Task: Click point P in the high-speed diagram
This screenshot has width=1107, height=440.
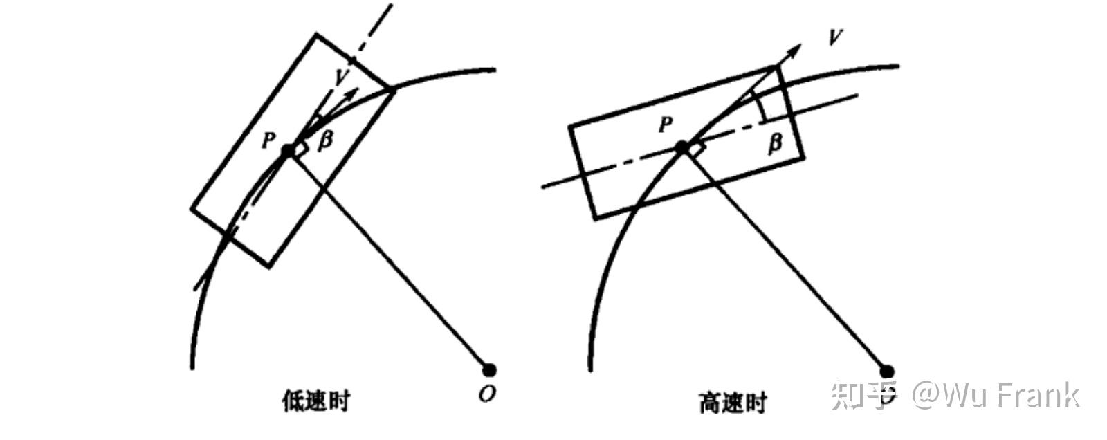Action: [x=681, y=147]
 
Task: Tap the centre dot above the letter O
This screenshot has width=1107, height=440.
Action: [x=488, y=369]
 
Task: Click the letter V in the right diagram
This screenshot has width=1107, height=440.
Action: [x=835, y=35]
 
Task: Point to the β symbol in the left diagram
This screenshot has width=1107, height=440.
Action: [x=324, y=139]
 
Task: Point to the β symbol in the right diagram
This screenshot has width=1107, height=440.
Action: [x=775, y=143]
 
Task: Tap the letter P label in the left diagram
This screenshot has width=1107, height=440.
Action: [x=268, y=141]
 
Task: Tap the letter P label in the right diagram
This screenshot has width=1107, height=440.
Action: [x=665, y=125]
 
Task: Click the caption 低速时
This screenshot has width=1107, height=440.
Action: [x=316, y=401]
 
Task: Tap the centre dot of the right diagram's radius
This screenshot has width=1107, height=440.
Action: [x=887, y=372]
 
